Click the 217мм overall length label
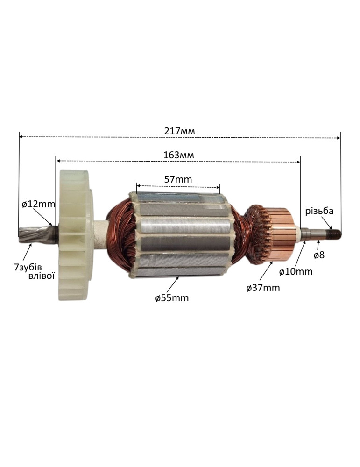click(x=179, y=131)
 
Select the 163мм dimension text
click(x=179, y=155)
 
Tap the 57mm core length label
click(x=178, y=179)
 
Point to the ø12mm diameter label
click(x=38, y=204)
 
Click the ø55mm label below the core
click(x=172, y=297)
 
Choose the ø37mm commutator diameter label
click(x=263, y=288)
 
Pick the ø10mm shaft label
click(x=296, y=271)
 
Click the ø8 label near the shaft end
click(x=319, y=255)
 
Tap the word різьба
click(x=319, y=211)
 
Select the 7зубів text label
click(x=28, y=267)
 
